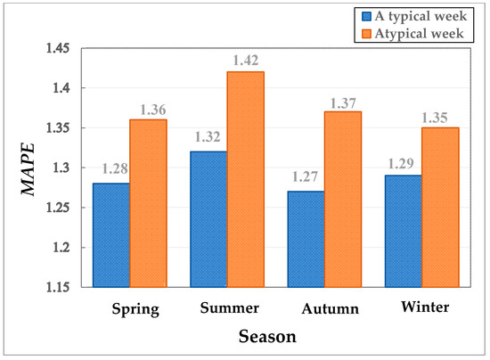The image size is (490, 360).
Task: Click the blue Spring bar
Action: coord(111,235)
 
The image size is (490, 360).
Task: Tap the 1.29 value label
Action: coord(403,164)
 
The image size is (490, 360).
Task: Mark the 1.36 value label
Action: coord(148,109)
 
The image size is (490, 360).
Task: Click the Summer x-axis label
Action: coord(229,308)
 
